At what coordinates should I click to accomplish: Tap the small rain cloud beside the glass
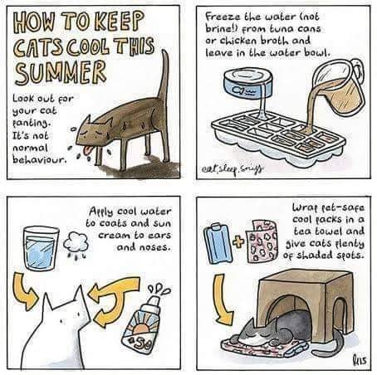tap(76, 242)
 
